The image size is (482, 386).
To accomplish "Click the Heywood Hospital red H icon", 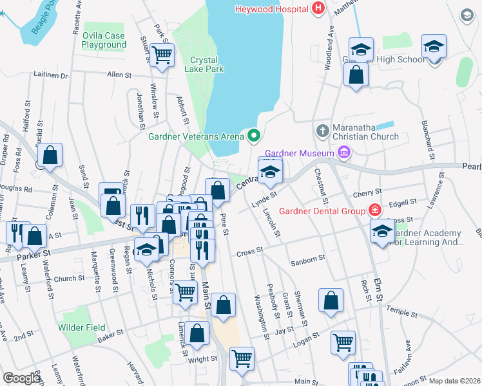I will click(317, 8).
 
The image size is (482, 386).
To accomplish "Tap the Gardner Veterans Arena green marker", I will click(253, 136).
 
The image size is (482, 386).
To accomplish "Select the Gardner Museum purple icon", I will click(344, 152).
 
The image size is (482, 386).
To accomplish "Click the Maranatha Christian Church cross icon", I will click(323, 131).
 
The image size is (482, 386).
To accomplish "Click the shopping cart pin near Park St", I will click(162, 55).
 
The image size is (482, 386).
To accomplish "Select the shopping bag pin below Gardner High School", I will click(356, 75).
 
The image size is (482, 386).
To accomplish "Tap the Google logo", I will click(22, 378).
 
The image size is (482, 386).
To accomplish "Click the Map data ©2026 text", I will click(454, 381).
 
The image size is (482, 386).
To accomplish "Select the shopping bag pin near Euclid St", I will click(50, 156).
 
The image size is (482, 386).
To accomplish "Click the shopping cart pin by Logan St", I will click(343, 342).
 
